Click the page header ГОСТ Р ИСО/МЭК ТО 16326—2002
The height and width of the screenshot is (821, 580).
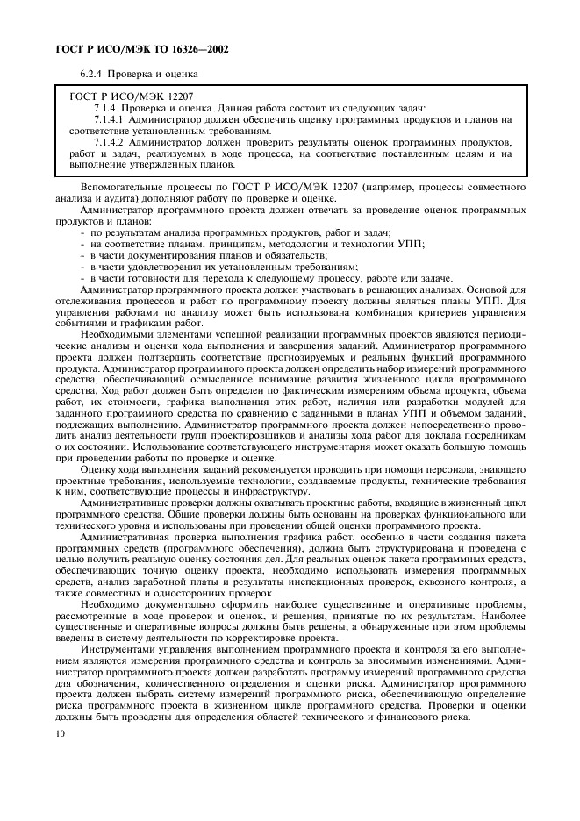pos(125,49)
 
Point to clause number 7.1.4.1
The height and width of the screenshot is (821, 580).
pos(110,119)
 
